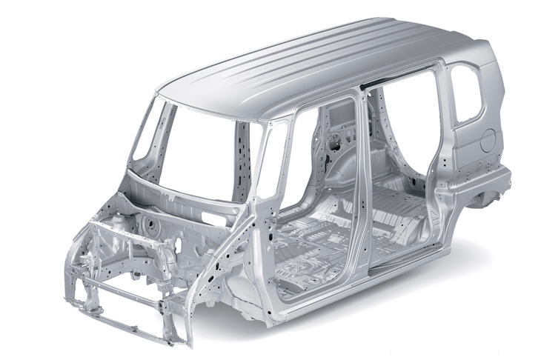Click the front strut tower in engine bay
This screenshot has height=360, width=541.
148,221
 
